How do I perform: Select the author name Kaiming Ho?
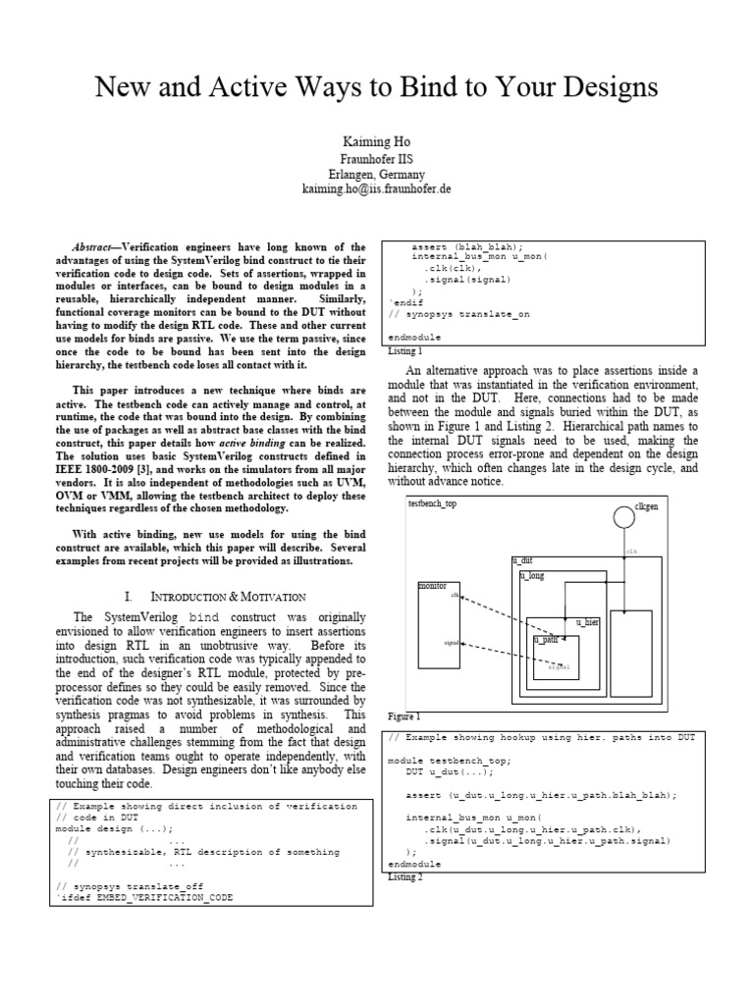[377, 141]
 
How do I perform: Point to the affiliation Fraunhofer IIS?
[377, 158]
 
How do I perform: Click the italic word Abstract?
[96, 246]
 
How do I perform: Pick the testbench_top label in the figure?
[432, 503]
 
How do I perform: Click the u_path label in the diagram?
[545, 639]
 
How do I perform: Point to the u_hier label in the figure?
[587, 622]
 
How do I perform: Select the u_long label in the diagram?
[532, 576]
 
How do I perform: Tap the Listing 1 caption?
[405, 350]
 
